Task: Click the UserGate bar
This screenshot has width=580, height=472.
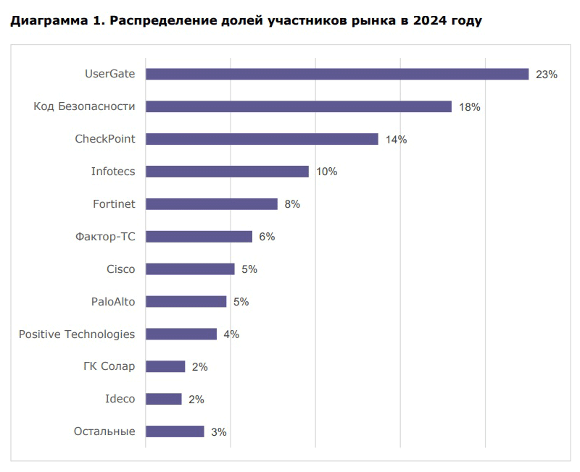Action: (337, 74)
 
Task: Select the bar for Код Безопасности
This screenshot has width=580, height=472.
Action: (299, 106)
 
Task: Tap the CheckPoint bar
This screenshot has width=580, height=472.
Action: (262, 139)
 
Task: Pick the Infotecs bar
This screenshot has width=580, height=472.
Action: (227, 172)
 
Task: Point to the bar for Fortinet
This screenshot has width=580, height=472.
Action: (212, 204)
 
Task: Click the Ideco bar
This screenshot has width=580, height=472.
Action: (164, 399)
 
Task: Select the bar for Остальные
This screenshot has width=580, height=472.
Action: (175, 431)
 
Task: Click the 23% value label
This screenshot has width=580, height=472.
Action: (546, 75)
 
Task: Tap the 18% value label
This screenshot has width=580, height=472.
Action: (470, 107)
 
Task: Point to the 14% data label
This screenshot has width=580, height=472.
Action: (396, 140)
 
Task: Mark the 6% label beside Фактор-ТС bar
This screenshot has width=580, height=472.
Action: (267, 237)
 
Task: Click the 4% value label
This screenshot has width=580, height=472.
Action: (231, 334)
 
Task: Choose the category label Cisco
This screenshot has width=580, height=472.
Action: (120, 269)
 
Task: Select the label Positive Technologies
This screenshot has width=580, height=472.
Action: (77, 334)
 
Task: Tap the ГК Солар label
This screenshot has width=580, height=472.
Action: (109, 366)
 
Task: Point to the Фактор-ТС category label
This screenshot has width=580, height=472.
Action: (105, 237)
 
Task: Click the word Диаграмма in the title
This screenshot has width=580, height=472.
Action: (44, 20)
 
